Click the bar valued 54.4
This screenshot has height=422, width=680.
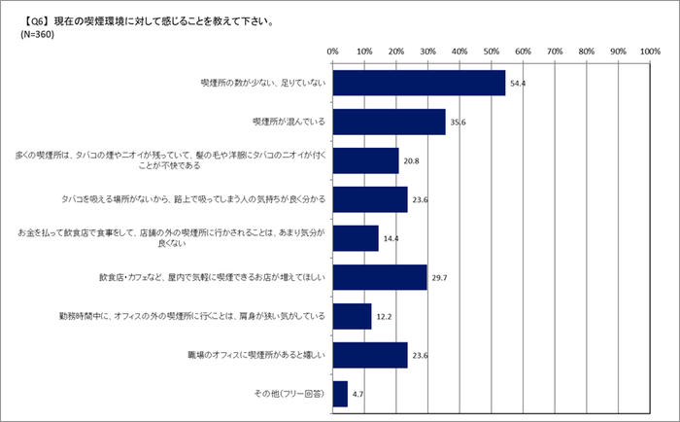419,83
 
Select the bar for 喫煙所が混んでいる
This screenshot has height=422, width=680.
389,122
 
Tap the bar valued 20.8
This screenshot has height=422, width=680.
365,160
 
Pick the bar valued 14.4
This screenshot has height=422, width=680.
356,238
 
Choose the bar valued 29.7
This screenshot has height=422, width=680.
380,277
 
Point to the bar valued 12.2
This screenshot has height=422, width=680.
352,316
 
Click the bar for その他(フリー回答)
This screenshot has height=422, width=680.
340,394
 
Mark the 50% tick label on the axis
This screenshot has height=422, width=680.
492,51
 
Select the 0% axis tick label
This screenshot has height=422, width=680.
332,51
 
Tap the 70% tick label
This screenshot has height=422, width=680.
555,51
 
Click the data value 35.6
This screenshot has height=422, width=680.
458,123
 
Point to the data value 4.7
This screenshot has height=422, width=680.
358,395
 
